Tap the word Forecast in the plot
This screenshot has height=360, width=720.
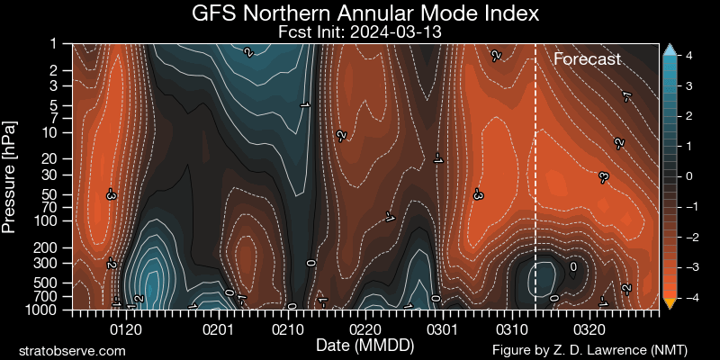[x=587, y=60]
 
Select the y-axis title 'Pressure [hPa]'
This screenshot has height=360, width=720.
[x=11, y=175]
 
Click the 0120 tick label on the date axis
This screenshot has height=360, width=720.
[x=125, y=330]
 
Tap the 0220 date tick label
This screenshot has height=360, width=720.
[x=367, y=330]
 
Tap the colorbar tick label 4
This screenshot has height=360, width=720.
[x=688, y=56]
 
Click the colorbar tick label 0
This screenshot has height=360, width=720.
[x=688, y=176]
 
